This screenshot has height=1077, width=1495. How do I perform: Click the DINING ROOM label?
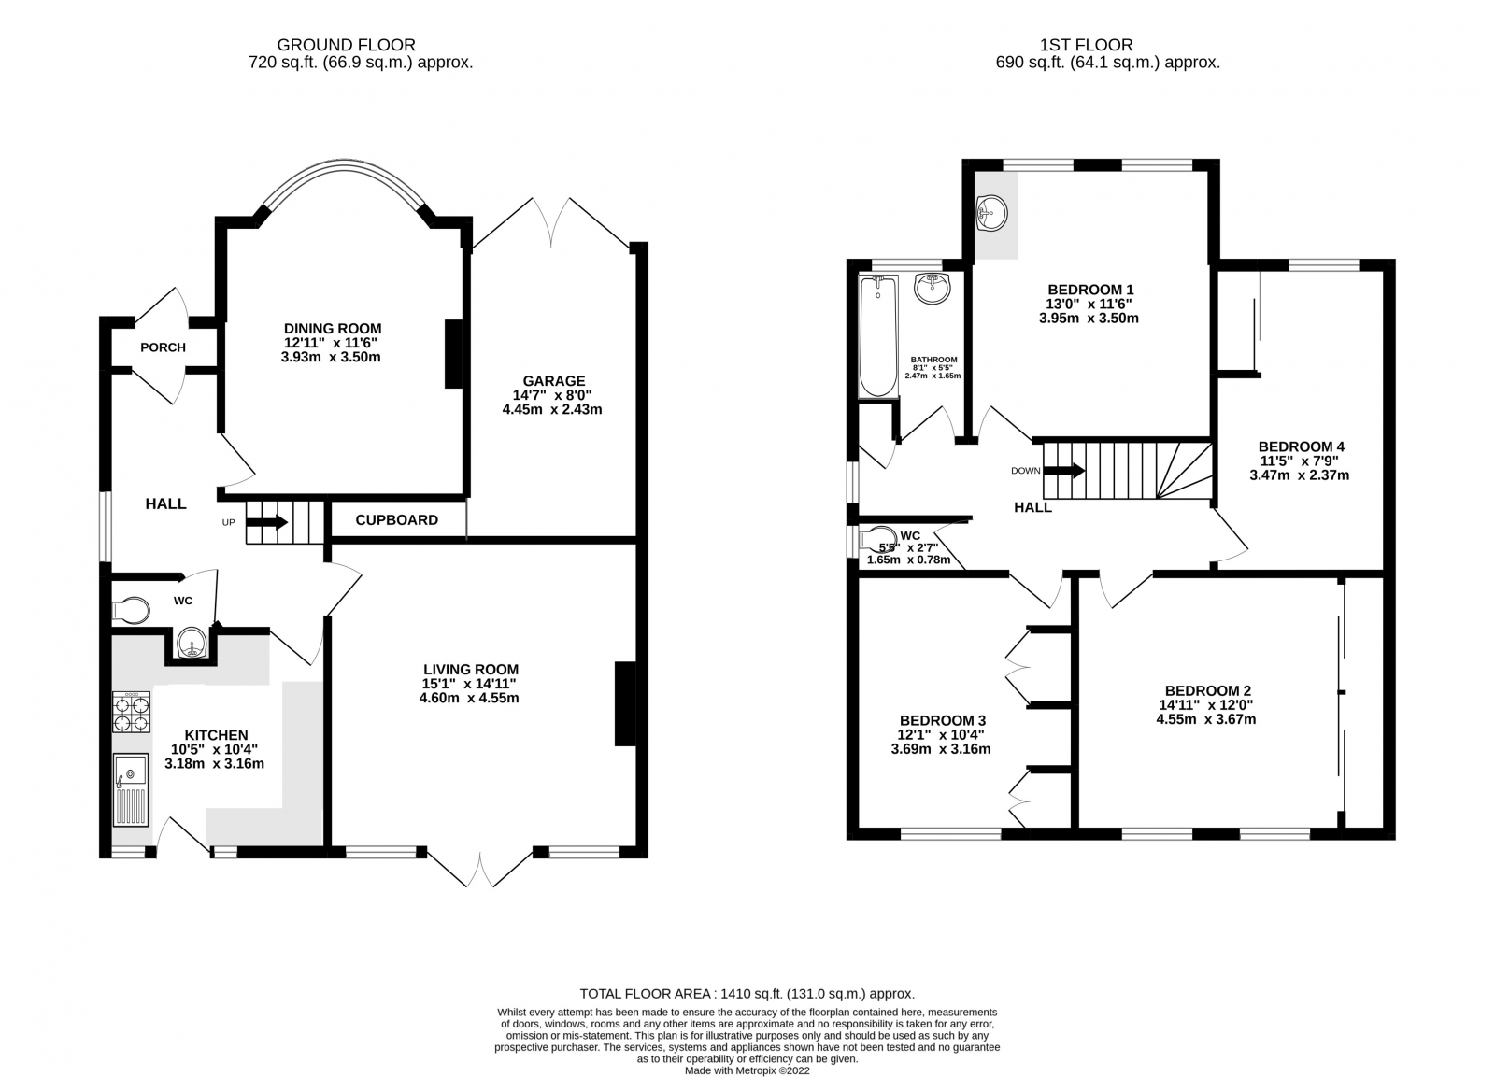[x=333, y=328]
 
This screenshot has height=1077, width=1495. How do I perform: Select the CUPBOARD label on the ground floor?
[x=396, y=520]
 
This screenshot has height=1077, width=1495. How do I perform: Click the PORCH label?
[x=163, y=347]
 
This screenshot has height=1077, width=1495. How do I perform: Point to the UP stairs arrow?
[x=267, y=522]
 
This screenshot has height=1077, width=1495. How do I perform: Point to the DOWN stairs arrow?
[x=1063, y=471]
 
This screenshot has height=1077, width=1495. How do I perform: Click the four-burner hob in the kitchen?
[x=131, y=713]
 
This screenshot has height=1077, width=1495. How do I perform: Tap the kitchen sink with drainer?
[x=131, y=790]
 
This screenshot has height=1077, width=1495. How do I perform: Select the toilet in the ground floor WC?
[x=131, y=611]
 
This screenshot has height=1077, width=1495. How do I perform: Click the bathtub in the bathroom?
[x=876, y=337]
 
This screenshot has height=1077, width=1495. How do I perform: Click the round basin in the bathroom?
[x=932, y=289]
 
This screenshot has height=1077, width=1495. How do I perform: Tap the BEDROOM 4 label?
[x=1301, y=446]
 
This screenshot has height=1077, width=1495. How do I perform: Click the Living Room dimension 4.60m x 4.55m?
[x=470, y=698]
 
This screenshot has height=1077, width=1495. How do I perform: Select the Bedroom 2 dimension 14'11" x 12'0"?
[x=1207, y=705]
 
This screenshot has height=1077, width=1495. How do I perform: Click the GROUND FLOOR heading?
[x=347, y=44]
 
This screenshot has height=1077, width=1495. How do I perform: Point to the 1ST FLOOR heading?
[x=1086, y=44]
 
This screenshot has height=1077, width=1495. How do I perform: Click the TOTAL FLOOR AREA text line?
[x=747, y=994]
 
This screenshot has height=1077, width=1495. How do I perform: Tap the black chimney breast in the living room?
[x=624, y=703]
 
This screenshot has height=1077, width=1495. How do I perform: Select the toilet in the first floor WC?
[x=879, y=539]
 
